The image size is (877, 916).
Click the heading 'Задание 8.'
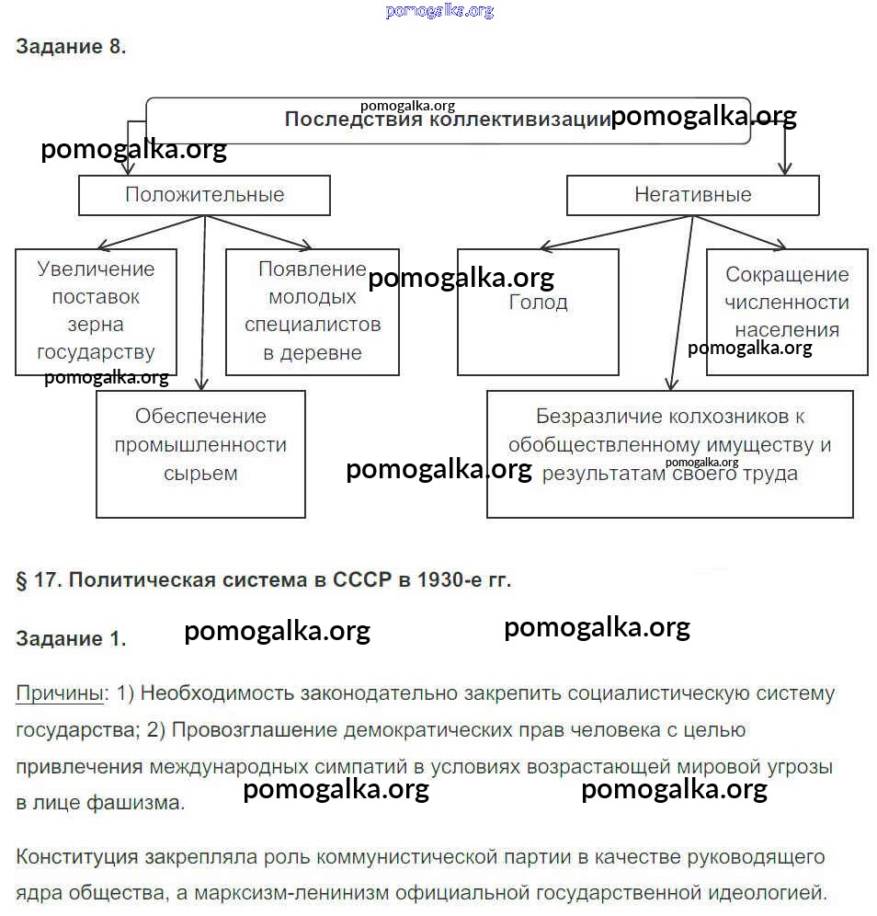point(71,47)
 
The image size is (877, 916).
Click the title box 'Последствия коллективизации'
point(447,120)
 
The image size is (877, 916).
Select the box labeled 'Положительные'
point(204,195)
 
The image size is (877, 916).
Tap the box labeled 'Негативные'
point(692,195)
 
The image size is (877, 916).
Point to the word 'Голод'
point(538,303)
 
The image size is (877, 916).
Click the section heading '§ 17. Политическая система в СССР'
point(263,580)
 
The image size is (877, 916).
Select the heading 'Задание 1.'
point(71,639)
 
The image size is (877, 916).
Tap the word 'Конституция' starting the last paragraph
point(76,857)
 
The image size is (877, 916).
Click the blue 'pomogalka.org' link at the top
point(439,10)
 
